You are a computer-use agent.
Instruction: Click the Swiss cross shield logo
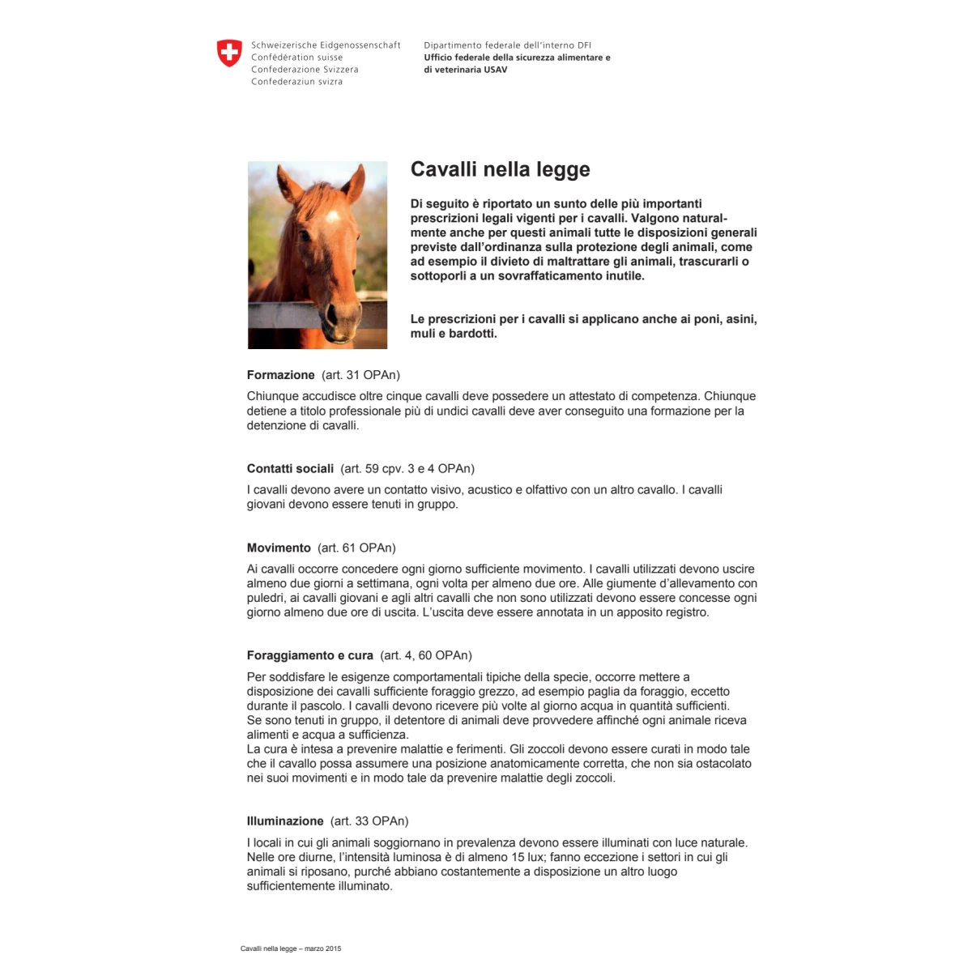(229, 53)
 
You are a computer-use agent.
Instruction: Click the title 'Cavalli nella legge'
(500, 169)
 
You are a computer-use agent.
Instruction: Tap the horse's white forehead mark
(331, 216)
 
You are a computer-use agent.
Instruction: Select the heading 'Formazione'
(280, 375)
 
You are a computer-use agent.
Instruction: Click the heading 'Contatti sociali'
(290, 468)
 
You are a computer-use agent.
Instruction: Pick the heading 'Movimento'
(279, 548)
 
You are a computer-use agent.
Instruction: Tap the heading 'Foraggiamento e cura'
(310, 655)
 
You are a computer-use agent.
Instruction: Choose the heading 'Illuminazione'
(285, 821)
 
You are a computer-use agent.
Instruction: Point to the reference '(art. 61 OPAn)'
(356, 548)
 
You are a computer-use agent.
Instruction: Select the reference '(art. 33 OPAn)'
(369, 821)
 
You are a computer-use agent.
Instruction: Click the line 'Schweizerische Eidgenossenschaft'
(326, 45)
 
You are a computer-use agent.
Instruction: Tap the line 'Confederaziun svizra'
(296, 82)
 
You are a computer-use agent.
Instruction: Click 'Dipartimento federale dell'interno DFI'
(507, 45)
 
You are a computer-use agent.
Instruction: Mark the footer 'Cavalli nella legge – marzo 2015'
(291, 949)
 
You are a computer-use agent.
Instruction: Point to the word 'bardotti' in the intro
(471, 334)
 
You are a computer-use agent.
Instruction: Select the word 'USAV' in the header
(495, 70)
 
